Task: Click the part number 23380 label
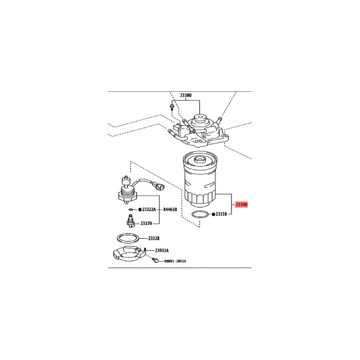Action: [185, 95]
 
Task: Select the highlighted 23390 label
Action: [242, 204]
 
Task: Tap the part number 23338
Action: [221, 214]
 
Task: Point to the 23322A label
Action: [149, 209]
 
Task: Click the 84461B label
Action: [170, 209]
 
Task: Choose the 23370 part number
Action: [146, 223]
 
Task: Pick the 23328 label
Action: [154, 238]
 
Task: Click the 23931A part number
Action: [161, 250]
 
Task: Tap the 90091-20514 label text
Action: [175, 261]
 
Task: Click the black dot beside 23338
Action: [214, 214]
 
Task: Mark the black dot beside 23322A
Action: [140, 209]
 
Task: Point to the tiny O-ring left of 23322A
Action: [131, 209]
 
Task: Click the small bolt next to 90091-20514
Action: [155, 260]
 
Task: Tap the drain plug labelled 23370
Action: [131, 221]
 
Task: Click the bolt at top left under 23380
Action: [172, 107]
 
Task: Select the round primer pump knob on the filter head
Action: [199, 119]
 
